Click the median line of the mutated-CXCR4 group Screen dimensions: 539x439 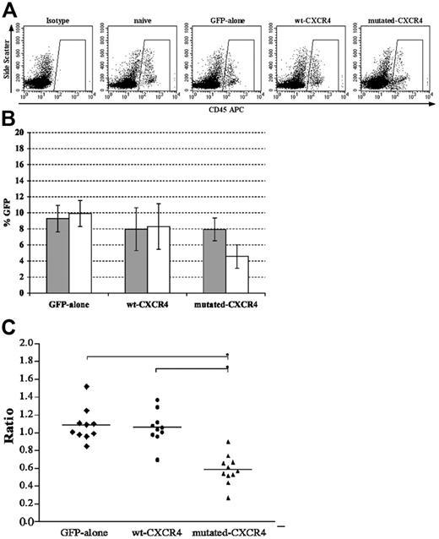(x=228, y=469)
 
